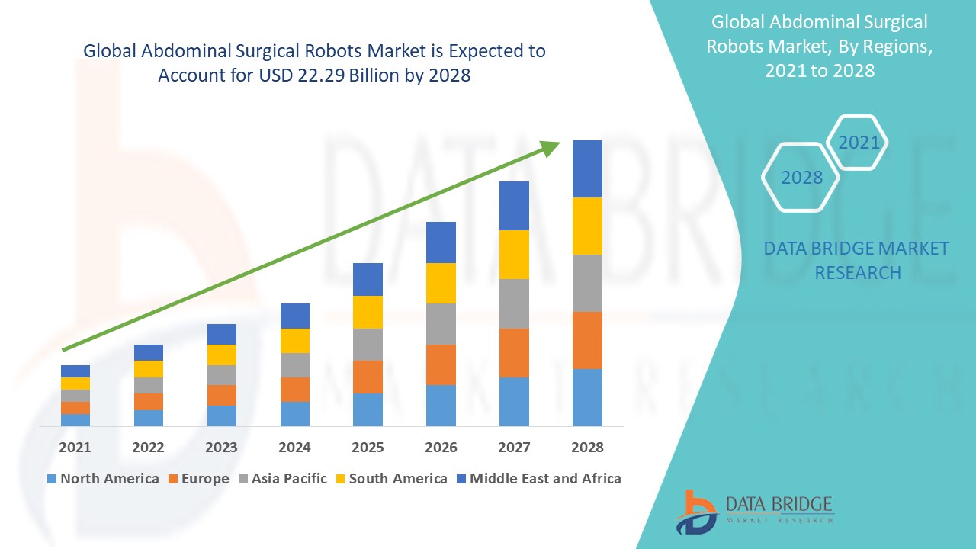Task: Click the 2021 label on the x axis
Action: click(x=75, y=448)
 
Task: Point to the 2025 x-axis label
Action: click(x=368, y=448)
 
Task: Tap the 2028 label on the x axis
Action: click(x=587, y=448)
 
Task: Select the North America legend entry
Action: click(x=103, y=479)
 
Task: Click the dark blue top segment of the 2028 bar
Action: click(x=587, y=169)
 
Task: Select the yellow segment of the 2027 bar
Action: click(x=514, y=255)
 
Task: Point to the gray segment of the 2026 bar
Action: click(x=441, y=324)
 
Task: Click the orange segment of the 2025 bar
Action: click(x=368, y=377)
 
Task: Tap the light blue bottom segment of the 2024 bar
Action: click(x=294, y=413)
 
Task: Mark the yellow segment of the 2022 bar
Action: click(x=148, y=369)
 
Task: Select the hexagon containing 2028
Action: click(x=801, y=178)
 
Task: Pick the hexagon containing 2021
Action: click(x=859, y=143)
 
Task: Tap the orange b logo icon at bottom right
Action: click(x=695, y=511)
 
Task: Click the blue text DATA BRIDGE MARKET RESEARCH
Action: click(x=856, y=261)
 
